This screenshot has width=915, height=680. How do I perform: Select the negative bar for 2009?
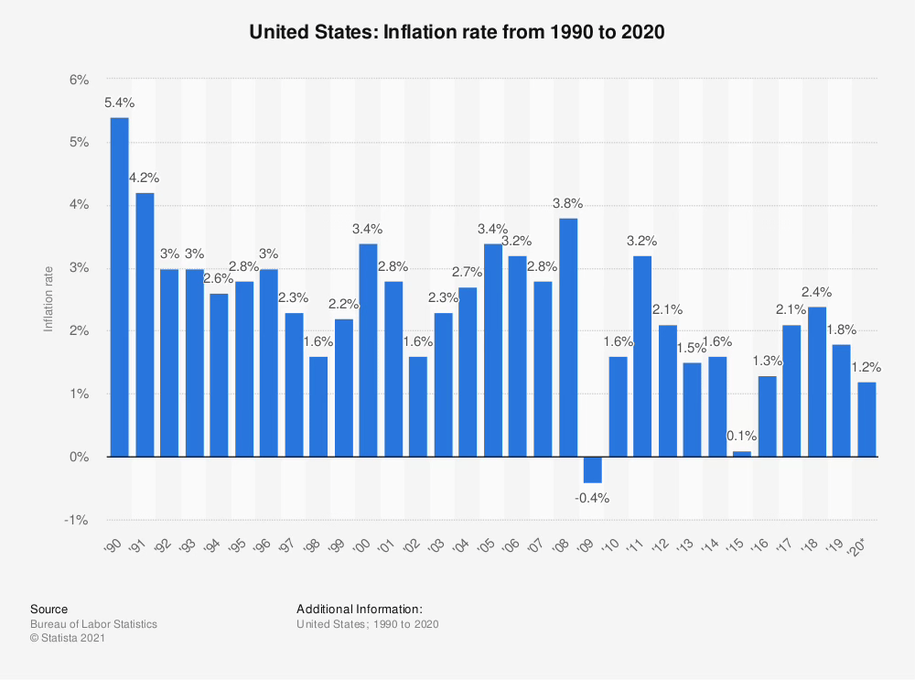(593, 470)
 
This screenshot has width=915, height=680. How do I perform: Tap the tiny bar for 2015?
(743, 453)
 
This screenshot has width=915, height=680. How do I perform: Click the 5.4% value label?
(119, 103)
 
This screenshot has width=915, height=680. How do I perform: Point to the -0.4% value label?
(593, 499)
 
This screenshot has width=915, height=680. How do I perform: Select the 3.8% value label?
(568, 203)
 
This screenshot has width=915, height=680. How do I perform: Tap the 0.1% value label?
(743, 437)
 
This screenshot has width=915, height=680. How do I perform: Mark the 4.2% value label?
(145, 178)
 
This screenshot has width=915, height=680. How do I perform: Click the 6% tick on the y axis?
(80, 81)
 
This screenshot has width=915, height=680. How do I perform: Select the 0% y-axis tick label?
(80, 457)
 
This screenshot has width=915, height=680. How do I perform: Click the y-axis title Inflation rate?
(49, 300)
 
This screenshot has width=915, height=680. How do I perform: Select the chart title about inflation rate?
(457, 32)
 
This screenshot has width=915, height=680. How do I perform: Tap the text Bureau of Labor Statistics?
(93, 624)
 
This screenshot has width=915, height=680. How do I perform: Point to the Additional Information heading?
(360, 609)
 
